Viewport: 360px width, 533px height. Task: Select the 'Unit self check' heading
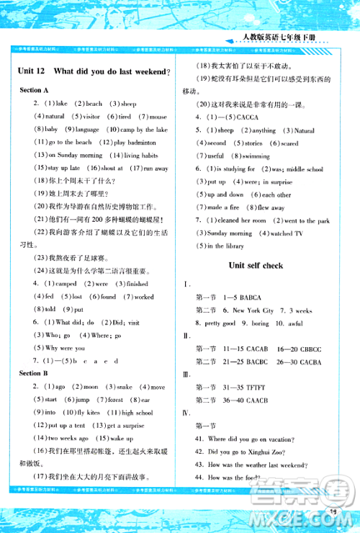click(x=256, y=265)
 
